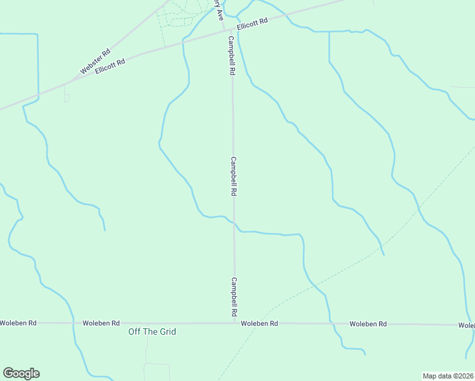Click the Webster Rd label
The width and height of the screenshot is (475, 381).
(95, 61)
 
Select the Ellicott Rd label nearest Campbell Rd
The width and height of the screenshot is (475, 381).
(253, 25)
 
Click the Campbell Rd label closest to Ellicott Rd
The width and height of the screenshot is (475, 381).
(232, 56)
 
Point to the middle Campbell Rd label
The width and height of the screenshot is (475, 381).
(234, 176)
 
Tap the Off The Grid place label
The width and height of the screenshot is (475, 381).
(152, 331)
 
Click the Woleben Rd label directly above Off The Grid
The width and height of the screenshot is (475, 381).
(101, 323)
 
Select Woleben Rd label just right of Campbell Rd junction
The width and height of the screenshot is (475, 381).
(260, 324)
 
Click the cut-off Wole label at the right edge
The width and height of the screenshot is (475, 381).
(467, 325)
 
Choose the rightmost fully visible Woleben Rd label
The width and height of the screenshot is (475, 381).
(368, 324)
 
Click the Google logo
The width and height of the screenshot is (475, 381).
(21, 373)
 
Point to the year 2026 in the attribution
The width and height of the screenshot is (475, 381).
(464, 376)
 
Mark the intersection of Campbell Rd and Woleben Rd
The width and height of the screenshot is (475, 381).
(234, 323)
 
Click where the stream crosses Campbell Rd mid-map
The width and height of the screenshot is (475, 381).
(234, 224)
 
